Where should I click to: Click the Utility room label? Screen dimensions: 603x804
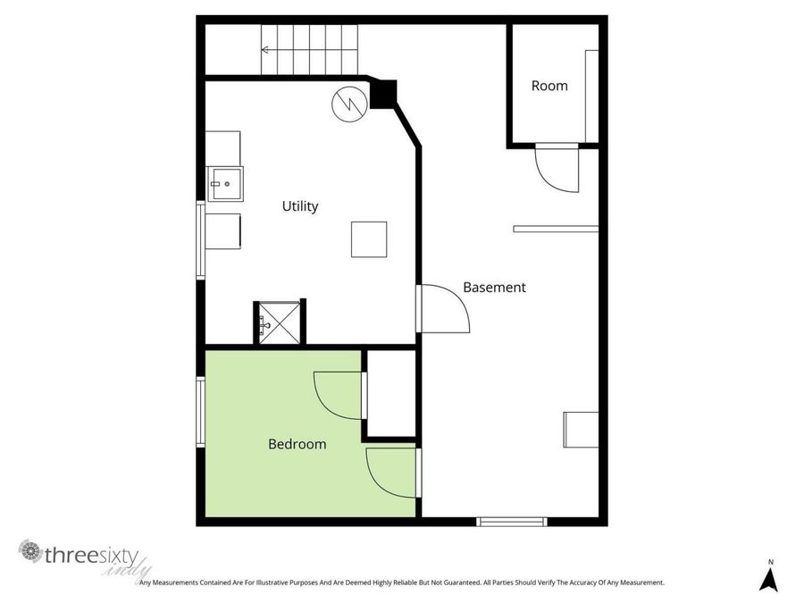click(300, 206)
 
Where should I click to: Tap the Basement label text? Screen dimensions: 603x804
click(494, 288)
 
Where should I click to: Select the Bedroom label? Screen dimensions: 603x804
click(297, 444)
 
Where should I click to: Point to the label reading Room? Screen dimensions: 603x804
click(549, 86)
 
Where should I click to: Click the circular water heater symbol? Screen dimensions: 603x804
click(348, 103)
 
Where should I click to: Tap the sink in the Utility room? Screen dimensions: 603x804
click(224, 185)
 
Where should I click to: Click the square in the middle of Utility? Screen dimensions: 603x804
click(368, 239)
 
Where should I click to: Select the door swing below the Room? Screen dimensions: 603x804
click(557, 169)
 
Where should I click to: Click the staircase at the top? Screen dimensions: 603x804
click(309, 50)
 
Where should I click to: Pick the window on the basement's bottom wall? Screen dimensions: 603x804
click(511, 522)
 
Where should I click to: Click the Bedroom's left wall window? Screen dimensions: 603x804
click(201, 411)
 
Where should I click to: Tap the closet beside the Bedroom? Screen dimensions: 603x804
click(391, 394)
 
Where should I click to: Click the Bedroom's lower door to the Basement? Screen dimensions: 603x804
click(391, 473)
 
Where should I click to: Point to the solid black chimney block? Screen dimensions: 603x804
click(383, 94)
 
